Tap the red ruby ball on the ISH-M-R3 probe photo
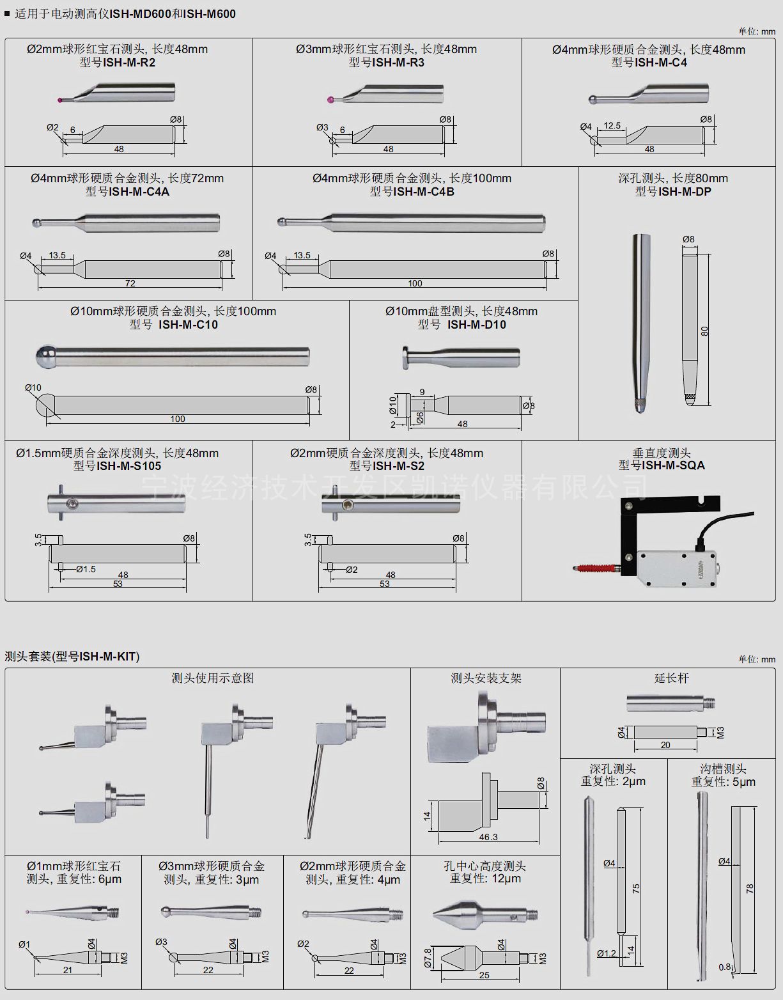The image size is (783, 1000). [x=332, y=100]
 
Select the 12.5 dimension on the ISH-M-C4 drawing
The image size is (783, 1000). [x=612, y=126]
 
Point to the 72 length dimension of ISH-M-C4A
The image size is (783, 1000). [x=130, y=283]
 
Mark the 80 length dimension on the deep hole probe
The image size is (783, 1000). [x=704, y=331]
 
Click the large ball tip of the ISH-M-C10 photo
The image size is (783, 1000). [x=45, y=355]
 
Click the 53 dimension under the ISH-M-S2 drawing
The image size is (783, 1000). [x=385, y=584]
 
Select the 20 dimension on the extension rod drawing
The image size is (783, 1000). [x=665, y=746]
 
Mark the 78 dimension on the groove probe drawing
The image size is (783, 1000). [x=750, y=888]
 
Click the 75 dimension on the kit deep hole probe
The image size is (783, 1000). [x=635, y=889]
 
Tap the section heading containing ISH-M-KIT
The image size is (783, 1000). [x=72, y=657]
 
